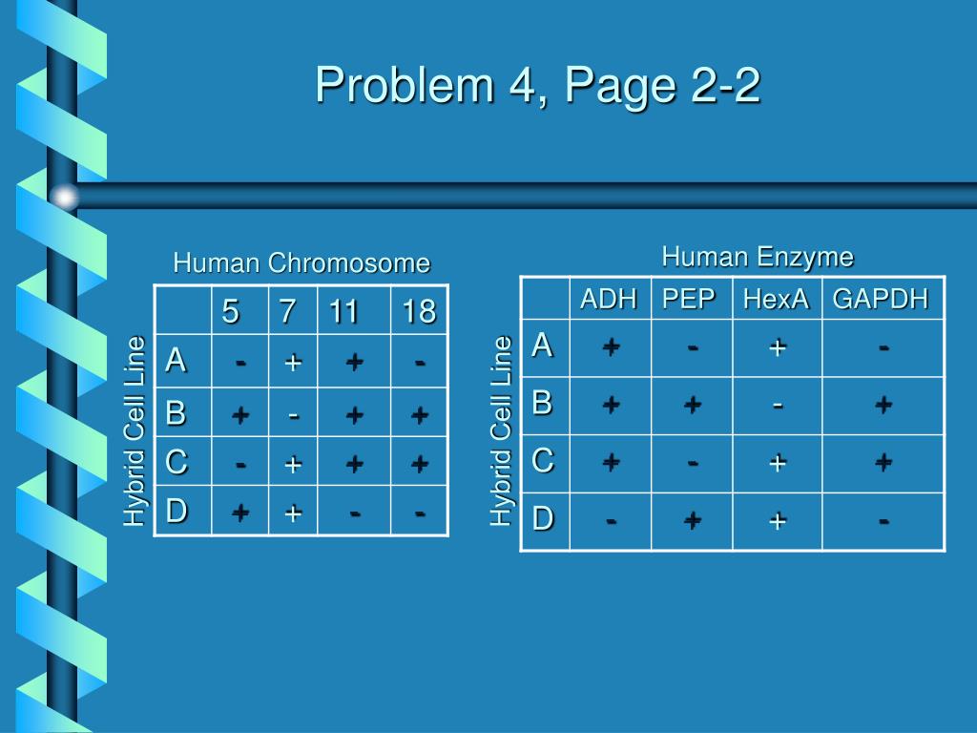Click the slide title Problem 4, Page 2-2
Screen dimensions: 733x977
[x=538, y=86]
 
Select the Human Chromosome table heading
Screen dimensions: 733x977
[x=301, y=262]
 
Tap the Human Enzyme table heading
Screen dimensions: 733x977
[x=758, y=257]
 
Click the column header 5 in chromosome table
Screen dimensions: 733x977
[x=231, y=310]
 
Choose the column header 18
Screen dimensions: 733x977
[x=419, y=310]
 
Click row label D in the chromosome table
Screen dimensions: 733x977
[x=176, y=512]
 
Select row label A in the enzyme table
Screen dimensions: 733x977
[x=542, y=345]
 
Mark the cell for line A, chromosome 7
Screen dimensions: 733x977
[x=293, y=362]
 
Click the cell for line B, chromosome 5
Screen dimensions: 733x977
[x=240, y=413]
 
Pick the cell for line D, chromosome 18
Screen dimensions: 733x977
[x=419, y=513]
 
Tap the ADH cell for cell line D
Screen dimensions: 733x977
[x=610, y=520]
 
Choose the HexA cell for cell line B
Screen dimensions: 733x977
[x=778, y=405]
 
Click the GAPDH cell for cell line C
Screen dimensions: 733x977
[x=883, y=462]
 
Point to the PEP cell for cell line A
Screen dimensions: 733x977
[x=692, y=348]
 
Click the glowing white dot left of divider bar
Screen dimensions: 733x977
[x=64, y=197]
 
